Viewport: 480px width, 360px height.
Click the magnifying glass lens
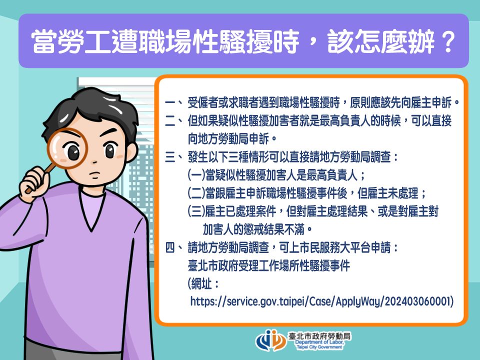click(67, 148)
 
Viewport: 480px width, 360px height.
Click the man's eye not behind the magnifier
click(109, 150)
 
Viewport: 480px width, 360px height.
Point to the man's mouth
click(95, 176)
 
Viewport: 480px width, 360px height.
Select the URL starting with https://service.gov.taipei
click(321, 301)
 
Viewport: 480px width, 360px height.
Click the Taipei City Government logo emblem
click(271, 340)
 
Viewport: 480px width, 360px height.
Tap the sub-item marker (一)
click(196, 175)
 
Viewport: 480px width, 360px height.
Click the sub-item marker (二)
click(196, 193)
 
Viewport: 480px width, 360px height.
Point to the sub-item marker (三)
click(196, 211)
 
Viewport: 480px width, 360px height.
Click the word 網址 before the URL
click(201, 283)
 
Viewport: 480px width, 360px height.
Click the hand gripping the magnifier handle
click(34, 183)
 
